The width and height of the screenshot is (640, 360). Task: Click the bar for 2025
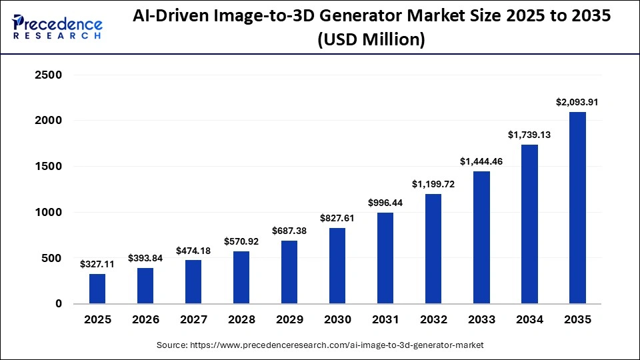[x=97, y=289]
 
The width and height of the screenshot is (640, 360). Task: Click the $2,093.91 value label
[x=577, y=102]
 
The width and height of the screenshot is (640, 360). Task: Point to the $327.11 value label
[x=97, y=264]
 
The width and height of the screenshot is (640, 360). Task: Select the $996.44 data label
[x=385, y=203]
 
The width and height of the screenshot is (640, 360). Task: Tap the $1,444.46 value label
[x=481, y=161]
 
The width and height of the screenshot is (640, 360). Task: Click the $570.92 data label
[x=241, y=241]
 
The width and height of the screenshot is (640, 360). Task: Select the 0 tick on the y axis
[x=59, y=304]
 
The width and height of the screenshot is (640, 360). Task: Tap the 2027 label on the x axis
[x=193, y=320]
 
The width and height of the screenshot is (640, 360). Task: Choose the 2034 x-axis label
[x=529, y=320]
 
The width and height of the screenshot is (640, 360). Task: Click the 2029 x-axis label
[x=289, y=320]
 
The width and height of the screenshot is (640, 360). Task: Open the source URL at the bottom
[x=320, y=345]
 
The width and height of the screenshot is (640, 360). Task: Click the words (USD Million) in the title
[x=372, y=41]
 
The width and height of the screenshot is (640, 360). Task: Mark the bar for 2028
[x=241, y=277]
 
